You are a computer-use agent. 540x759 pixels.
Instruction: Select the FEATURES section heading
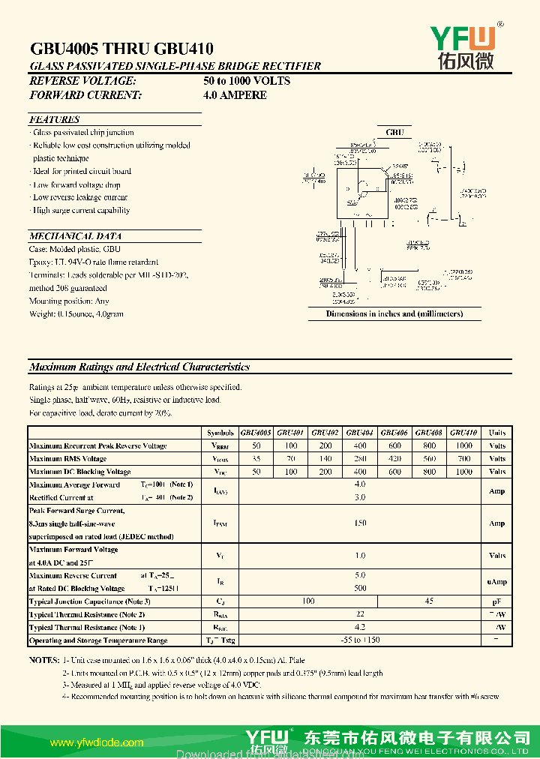point(54,119)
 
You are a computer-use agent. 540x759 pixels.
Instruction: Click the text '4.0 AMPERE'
point(235,94)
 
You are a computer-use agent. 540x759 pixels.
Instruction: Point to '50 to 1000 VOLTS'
point(246,80)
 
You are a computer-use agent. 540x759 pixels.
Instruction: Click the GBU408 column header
point(429,433)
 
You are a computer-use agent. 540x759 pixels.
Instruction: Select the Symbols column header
point(220,433)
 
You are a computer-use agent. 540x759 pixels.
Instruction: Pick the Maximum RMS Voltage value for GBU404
point(360,458)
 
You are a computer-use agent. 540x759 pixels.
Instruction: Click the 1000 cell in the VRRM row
point(464,445)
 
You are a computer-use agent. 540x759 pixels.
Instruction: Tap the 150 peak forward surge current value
point(360,523)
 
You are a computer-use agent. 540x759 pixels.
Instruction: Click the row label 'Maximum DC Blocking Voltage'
point(79,472)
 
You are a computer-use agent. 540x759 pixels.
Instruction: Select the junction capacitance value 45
point(429,601)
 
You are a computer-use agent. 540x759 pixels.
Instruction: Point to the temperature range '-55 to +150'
point(360,640)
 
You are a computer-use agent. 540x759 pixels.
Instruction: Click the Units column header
point(497,433)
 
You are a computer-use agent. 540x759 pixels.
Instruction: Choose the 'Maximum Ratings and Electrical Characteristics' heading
point(139,367)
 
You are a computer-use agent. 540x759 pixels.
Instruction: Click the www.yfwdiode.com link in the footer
point(96,742)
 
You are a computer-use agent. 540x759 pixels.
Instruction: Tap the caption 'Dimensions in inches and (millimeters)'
point(394,313)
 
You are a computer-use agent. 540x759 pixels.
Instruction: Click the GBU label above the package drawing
point(394,132)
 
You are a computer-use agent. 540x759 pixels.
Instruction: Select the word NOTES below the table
point(43,660)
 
